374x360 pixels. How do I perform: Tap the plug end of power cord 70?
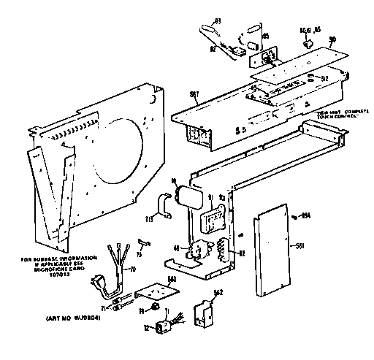(118, 291)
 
